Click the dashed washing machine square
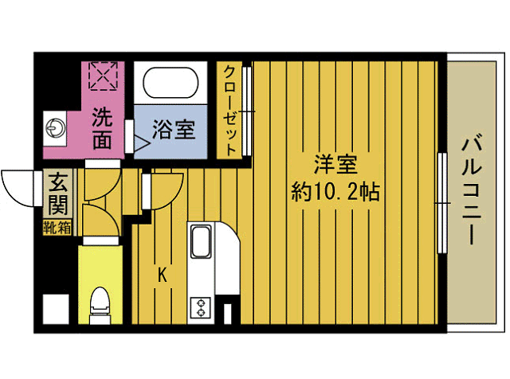103,77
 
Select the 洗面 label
101,130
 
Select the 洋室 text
335,166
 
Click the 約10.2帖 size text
335,192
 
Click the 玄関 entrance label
57,194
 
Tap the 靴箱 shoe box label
57,228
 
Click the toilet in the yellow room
100,302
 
